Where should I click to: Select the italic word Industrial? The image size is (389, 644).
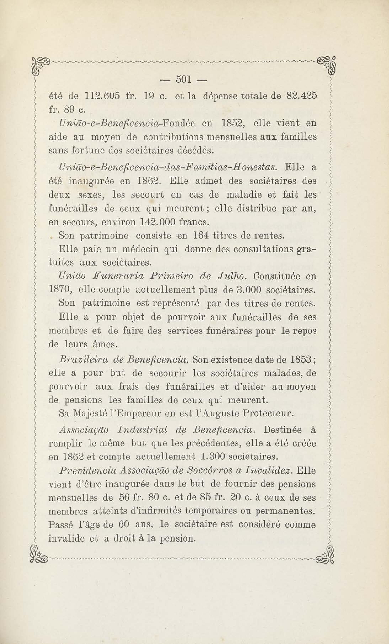click(143, 430)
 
